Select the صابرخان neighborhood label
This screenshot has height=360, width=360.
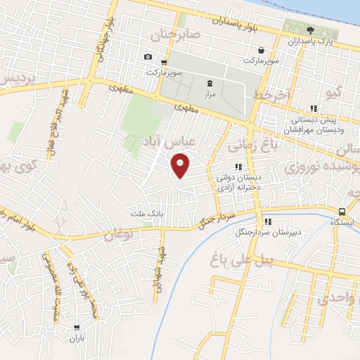coord(179,34)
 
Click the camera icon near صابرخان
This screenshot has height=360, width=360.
coord(148,57)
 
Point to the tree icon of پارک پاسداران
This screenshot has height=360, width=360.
coord(311,30)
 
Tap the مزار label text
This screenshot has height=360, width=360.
coord(208,93)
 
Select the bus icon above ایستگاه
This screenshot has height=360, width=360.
coord(342,212)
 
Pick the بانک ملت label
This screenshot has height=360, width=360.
coord(146,212)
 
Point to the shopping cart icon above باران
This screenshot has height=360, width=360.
coord(76,328)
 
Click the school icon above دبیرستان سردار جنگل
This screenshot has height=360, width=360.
coord(258,220)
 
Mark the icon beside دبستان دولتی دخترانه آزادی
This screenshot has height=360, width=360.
coord(238,167)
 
